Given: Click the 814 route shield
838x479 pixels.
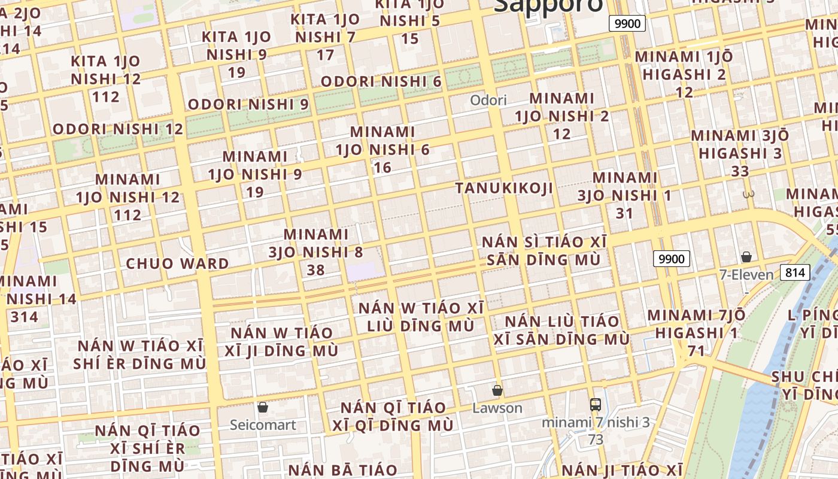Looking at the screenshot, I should (795, 273).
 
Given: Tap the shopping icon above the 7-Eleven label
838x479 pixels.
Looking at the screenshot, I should (746, 257).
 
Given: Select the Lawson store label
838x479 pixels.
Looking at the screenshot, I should (497, 408).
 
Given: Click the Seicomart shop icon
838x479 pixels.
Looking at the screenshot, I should (262, 408).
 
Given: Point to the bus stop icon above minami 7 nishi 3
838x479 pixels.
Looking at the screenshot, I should (595, 404).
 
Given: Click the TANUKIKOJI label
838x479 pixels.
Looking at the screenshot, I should (504, 188).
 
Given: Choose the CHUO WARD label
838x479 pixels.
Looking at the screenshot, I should (177, 263).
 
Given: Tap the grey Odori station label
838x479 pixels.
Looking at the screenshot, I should (488, 100).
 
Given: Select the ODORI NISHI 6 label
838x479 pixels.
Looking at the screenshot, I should (381, 81).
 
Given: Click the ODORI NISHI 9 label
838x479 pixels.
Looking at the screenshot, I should (248, 104).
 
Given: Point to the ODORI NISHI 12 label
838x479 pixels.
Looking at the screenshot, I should (118, 129).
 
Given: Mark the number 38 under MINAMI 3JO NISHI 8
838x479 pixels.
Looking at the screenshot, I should (315, 270).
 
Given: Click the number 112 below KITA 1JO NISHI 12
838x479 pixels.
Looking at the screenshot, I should (106, 96).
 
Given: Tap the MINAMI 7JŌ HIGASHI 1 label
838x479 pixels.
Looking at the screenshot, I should (697, 324).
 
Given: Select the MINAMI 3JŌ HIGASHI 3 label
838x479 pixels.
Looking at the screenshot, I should (740, 144).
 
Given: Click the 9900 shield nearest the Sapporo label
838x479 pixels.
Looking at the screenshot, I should (627, 24).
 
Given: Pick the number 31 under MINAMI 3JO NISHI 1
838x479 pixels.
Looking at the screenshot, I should (624, 213).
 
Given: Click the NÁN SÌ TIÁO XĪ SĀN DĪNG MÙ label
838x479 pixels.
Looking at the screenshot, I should (544, 251).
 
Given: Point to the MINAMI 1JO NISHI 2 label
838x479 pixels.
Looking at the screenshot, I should (562, 107).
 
